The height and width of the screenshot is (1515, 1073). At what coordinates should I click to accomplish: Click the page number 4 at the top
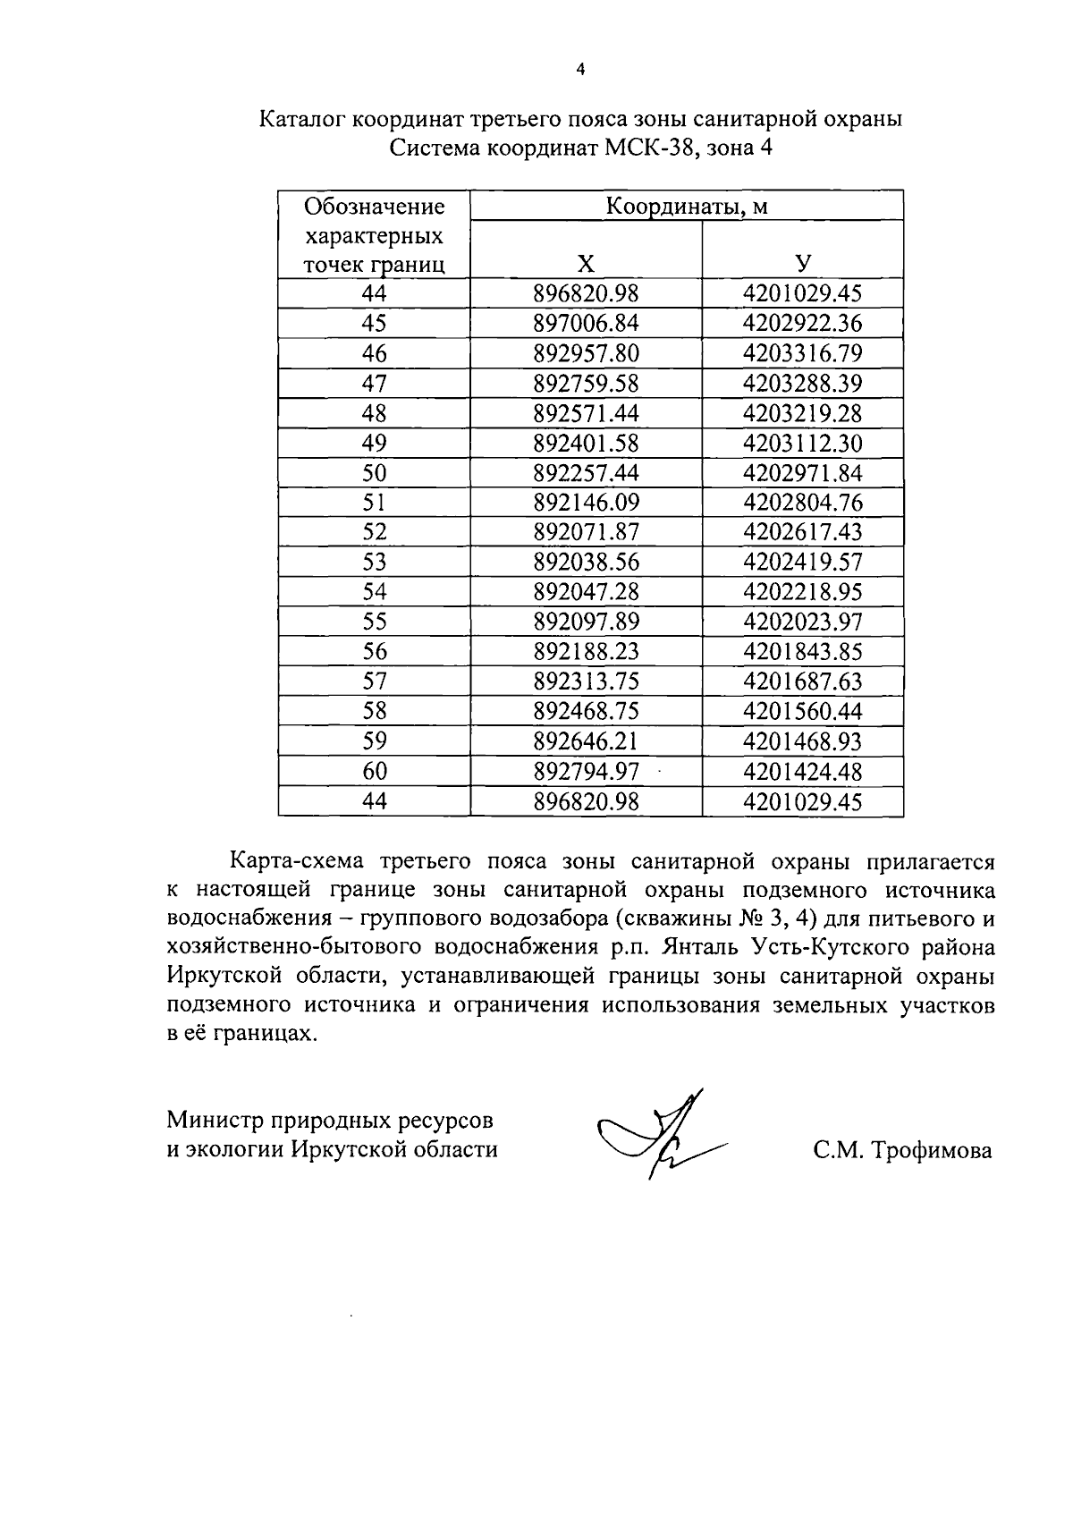point(581,69)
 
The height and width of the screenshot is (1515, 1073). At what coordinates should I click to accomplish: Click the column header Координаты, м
point(687,207)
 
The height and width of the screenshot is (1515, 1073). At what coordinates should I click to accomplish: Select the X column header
point(586,264)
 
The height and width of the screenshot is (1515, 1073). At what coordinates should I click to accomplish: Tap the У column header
point(803,264)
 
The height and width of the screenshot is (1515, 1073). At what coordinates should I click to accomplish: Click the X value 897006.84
point(586,323)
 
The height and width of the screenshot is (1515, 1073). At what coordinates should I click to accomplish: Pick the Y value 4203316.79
point(802,353)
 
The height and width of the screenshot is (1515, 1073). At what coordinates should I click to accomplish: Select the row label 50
point(375,472)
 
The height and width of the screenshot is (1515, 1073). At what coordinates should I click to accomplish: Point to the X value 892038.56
point(586,562)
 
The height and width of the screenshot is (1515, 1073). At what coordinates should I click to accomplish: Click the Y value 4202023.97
point(802,622)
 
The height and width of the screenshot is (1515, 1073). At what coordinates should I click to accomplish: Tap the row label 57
point(375,681)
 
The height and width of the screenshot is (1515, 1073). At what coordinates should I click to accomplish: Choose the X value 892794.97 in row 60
point(586,771)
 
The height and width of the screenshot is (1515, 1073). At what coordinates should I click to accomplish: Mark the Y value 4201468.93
point(802,741)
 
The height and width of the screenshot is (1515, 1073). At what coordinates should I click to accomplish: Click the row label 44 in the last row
point(375,801)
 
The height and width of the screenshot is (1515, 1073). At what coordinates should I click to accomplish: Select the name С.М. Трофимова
point(902,1150)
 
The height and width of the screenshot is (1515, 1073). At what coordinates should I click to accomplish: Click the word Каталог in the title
point(301,119)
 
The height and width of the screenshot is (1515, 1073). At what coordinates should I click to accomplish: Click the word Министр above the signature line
point(215,1121)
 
